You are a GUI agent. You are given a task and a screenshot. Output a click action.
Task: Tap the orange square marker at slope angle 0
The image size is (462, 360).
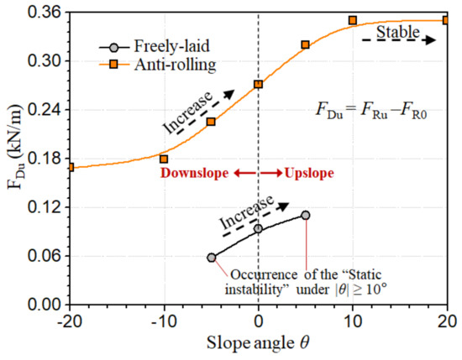(x=258, y=84)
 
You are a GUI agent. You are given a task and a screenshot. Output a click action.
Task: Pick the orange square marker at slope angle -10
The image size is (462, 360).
(x=164, y=159)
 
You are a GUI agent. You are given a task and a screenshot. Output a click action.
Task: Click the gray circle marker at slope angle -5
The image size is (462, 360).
(x=211, y=258)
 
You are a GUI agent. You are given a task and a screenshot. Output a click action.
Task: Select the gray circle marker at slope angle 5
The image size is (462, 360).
(x=306, y=216)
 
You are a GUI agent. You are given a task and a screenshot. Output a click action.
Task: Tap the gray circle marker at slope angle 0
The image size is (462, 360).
(x=258, y=228)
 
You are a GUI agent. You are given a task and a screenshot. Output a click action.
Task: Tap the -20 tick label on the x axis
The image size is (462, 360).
(x=70, y=322)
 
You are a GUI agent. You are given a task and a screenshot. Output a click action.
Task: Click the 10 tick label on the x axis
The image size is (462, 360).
(x=353, y=322)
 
